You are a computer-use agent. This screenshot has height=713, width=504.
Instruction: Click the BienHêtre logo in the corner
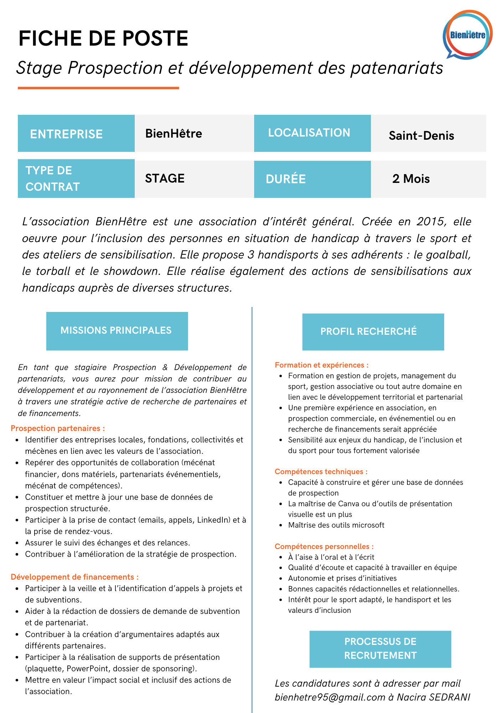467,35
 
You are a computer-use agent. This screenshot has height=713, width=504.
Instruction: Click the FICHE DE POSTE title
103,39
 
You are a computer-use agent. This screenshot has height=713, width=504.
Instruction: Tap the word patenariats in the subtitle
397,68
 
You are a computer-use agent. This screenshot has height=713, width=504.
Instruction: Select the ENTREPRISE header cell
76,134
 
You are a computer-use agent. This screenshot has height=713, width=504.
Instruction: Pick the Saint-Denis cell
421,135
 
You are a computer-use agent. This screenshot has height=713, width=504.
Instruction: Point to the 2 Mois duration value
411,179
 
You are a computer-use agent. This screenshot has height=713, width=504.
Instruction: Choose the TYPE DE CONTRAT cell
76,179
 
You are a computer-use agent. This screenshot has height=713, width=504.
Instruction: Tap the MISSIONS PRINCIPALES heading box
117,331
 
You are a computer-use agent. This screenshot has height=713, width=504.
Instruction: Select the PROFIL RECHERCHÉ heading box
373,332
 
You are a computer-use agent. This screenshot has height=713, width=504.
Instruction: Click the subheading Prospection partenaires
58,428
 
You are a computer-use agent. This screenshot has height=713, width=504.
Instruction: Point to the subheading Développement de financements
74,577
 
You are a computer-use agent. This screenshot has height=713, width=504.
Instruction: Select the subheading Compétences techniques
321,472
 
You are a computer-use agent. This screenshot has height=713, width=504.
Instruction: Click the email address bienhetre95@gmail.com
330,697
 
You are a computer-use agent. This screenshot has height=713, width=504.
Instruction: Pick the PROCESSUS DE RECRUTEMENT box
380,649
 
